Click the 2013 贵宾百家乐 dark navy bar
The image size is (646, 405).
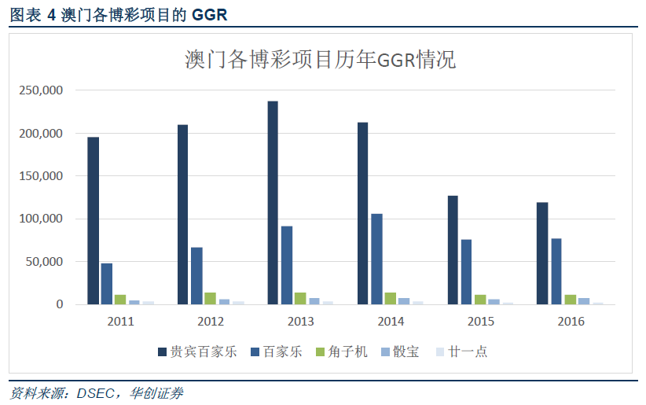pos(273,203)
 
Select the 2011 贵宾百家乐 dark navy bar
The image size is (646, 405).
pos(93,221)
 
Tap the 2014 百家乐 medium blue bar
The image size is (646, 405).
pos(376,259)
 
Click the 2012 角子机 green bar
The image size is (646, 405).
pos(210,299)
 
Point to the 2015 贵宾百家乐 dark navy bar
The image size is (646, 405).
pos(453,250)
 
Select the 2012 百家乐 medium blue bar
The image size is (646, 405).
pos(196,276)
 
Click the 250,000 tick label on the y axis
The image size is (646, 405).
pos(40,90)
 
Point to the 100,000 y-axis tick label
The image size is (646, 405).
pos(40,219)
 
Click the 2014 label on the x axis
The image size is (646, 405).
pos(391,322)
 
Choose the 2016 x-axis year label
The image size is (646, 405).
pos(570,322)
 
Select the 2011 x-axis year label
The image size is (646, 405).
pos(120,322)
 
